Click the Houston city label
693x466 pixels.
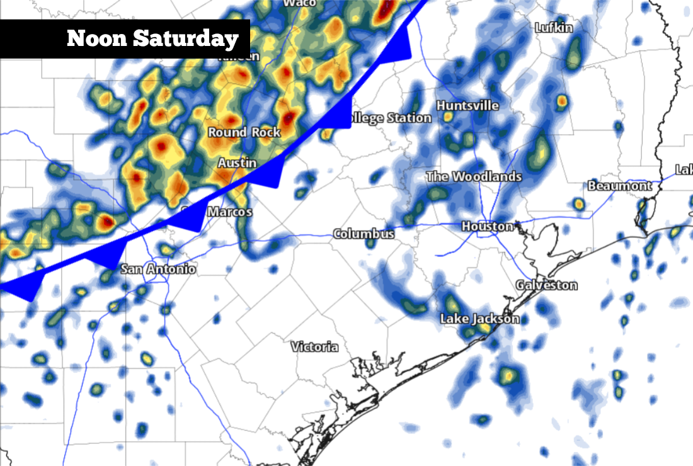pyautogui.click(x=487, y=226)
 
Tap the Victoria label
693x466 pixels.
pyautogui.click(x=314, y=347)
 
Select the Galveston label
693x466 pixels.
pyautogui.click(x=546, y=285)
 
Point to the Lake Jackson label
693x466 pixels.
pyautogui.click(x=479, y=319)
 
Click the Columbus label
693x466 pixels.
pyautogui.click(x=364, y=234)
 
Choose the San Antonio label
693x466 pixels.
pyautogui.click(x=158, y=270)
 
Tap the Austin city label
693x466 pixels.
pyautogui.click(x=237, y=163)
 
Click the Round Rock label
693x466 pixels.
pyautogui.click(x=244, y=132)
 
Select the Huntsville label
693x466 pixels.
pyautogui.click(x=467, y=105)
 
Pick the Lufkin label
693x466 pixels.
pyautogui.click(x=554, y=28)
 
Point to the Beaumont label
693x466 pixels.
pyautogui.click(x=620, y=186)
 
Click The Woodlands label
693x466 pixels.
pyautogui.click(x=474, y=177)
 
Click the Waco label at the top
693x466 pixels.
pyautogui.click(x=300, y=3)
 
